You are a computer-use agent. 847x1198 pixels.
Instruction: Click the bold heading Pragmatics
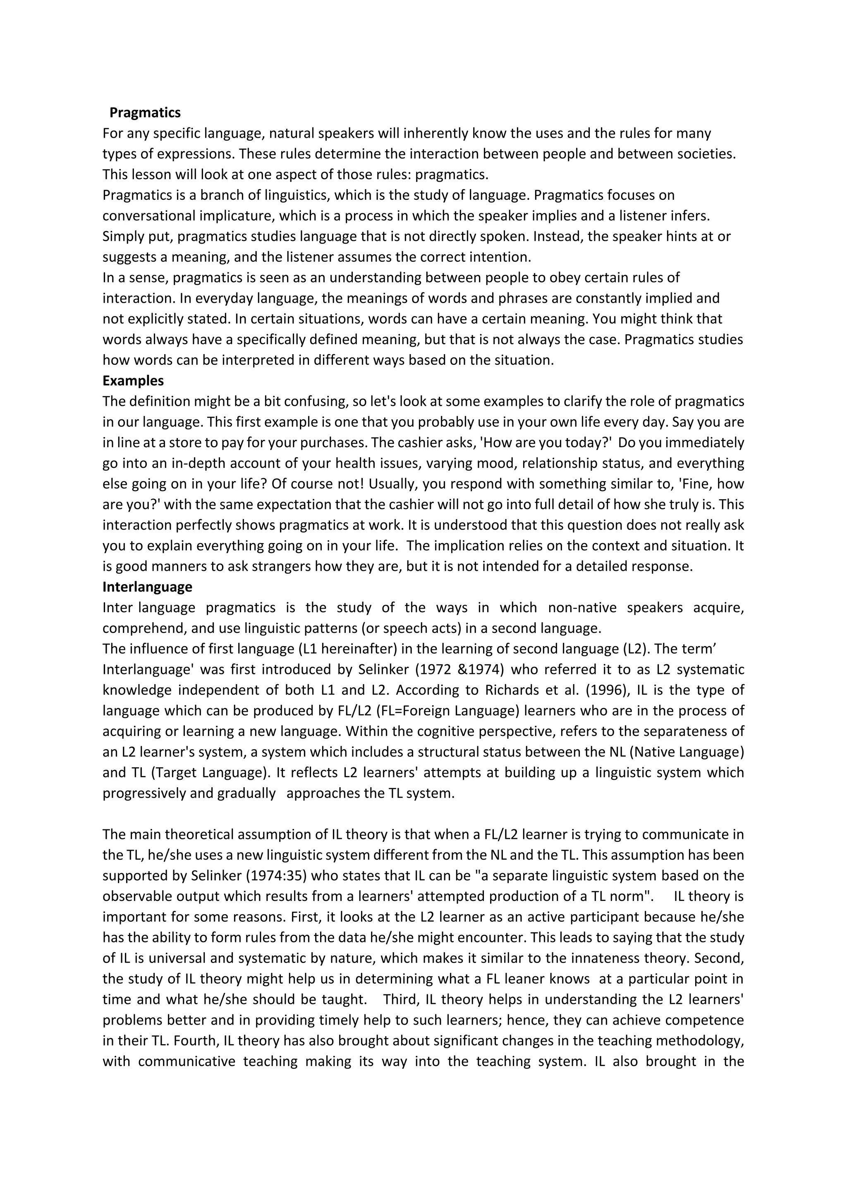(x=145, y=113)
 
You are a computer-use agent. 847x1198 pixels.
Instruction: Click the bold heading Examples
(x=133, y=381)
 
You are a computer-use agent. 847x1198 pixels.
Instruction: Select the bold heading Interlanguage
(x=147, y=587)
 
